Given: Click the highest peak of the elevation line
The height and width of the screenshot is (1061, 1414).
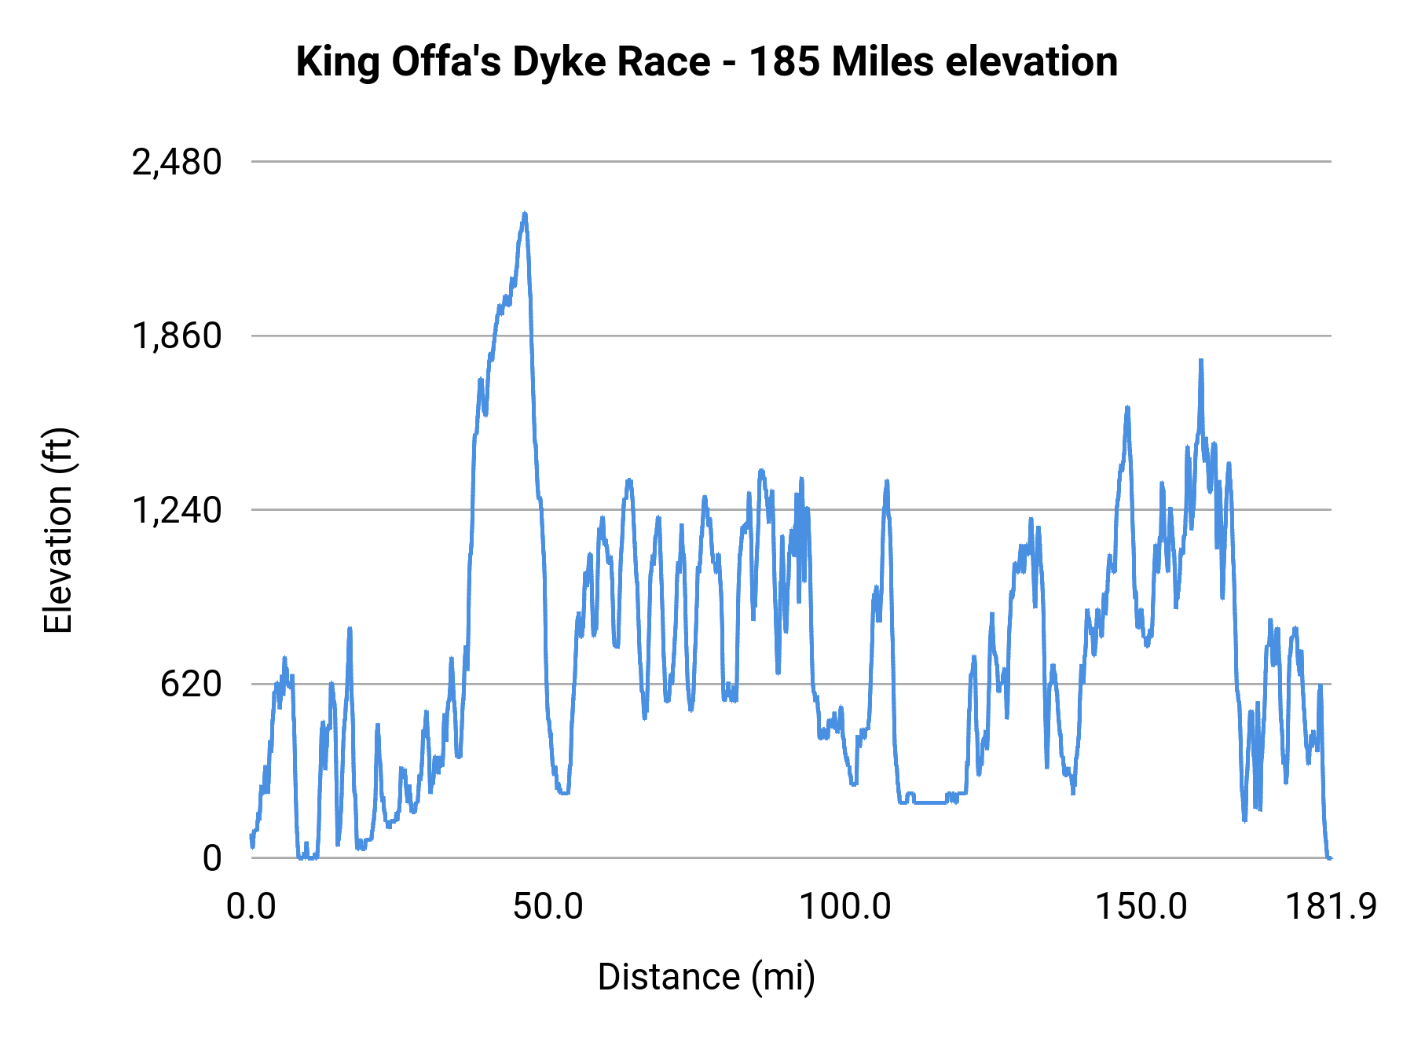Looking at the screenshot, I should [525, 214].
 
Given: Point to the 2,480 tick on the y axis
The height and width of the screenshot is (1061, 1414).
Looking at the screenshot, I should [177, 163].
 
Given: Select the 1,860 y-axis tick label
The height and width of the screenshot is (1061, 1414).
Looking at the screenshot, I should [177, 336].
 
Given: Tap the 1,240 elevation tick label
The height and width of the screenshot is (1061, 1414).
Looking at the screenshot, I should [177, 511].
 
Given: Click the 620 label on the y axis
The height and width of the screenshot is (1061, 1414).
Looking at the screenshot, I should [191, 685].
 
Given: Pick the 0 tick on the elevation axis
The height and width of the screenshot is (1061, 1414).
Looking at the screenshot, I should [212, 858].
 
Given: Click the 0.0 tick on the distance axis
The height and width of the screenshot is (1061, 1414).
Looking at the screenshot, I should [251, 907].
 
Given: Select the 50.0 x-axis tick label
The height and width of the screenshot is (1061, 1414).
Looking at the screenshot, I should [548, 907].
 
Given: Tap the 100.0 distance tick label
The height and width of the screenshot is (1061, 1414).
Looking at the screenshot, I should [844, 907].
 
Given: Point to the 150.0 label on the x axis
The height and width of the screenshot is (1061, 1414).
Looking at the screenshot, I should [1141, 907].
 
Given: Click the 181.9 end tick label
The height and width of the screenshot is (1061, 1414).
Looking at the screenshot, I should [1331, 907].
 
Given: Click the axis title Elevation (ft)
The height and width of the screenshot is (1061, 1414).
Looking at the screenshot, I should [58, 530].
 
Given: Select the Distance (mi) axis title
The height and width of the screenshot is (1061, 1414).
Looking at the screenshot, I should [706, 977].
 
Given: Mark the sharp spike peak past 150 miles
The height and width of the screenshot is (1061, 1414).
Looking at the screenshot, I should [1200, 362].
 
